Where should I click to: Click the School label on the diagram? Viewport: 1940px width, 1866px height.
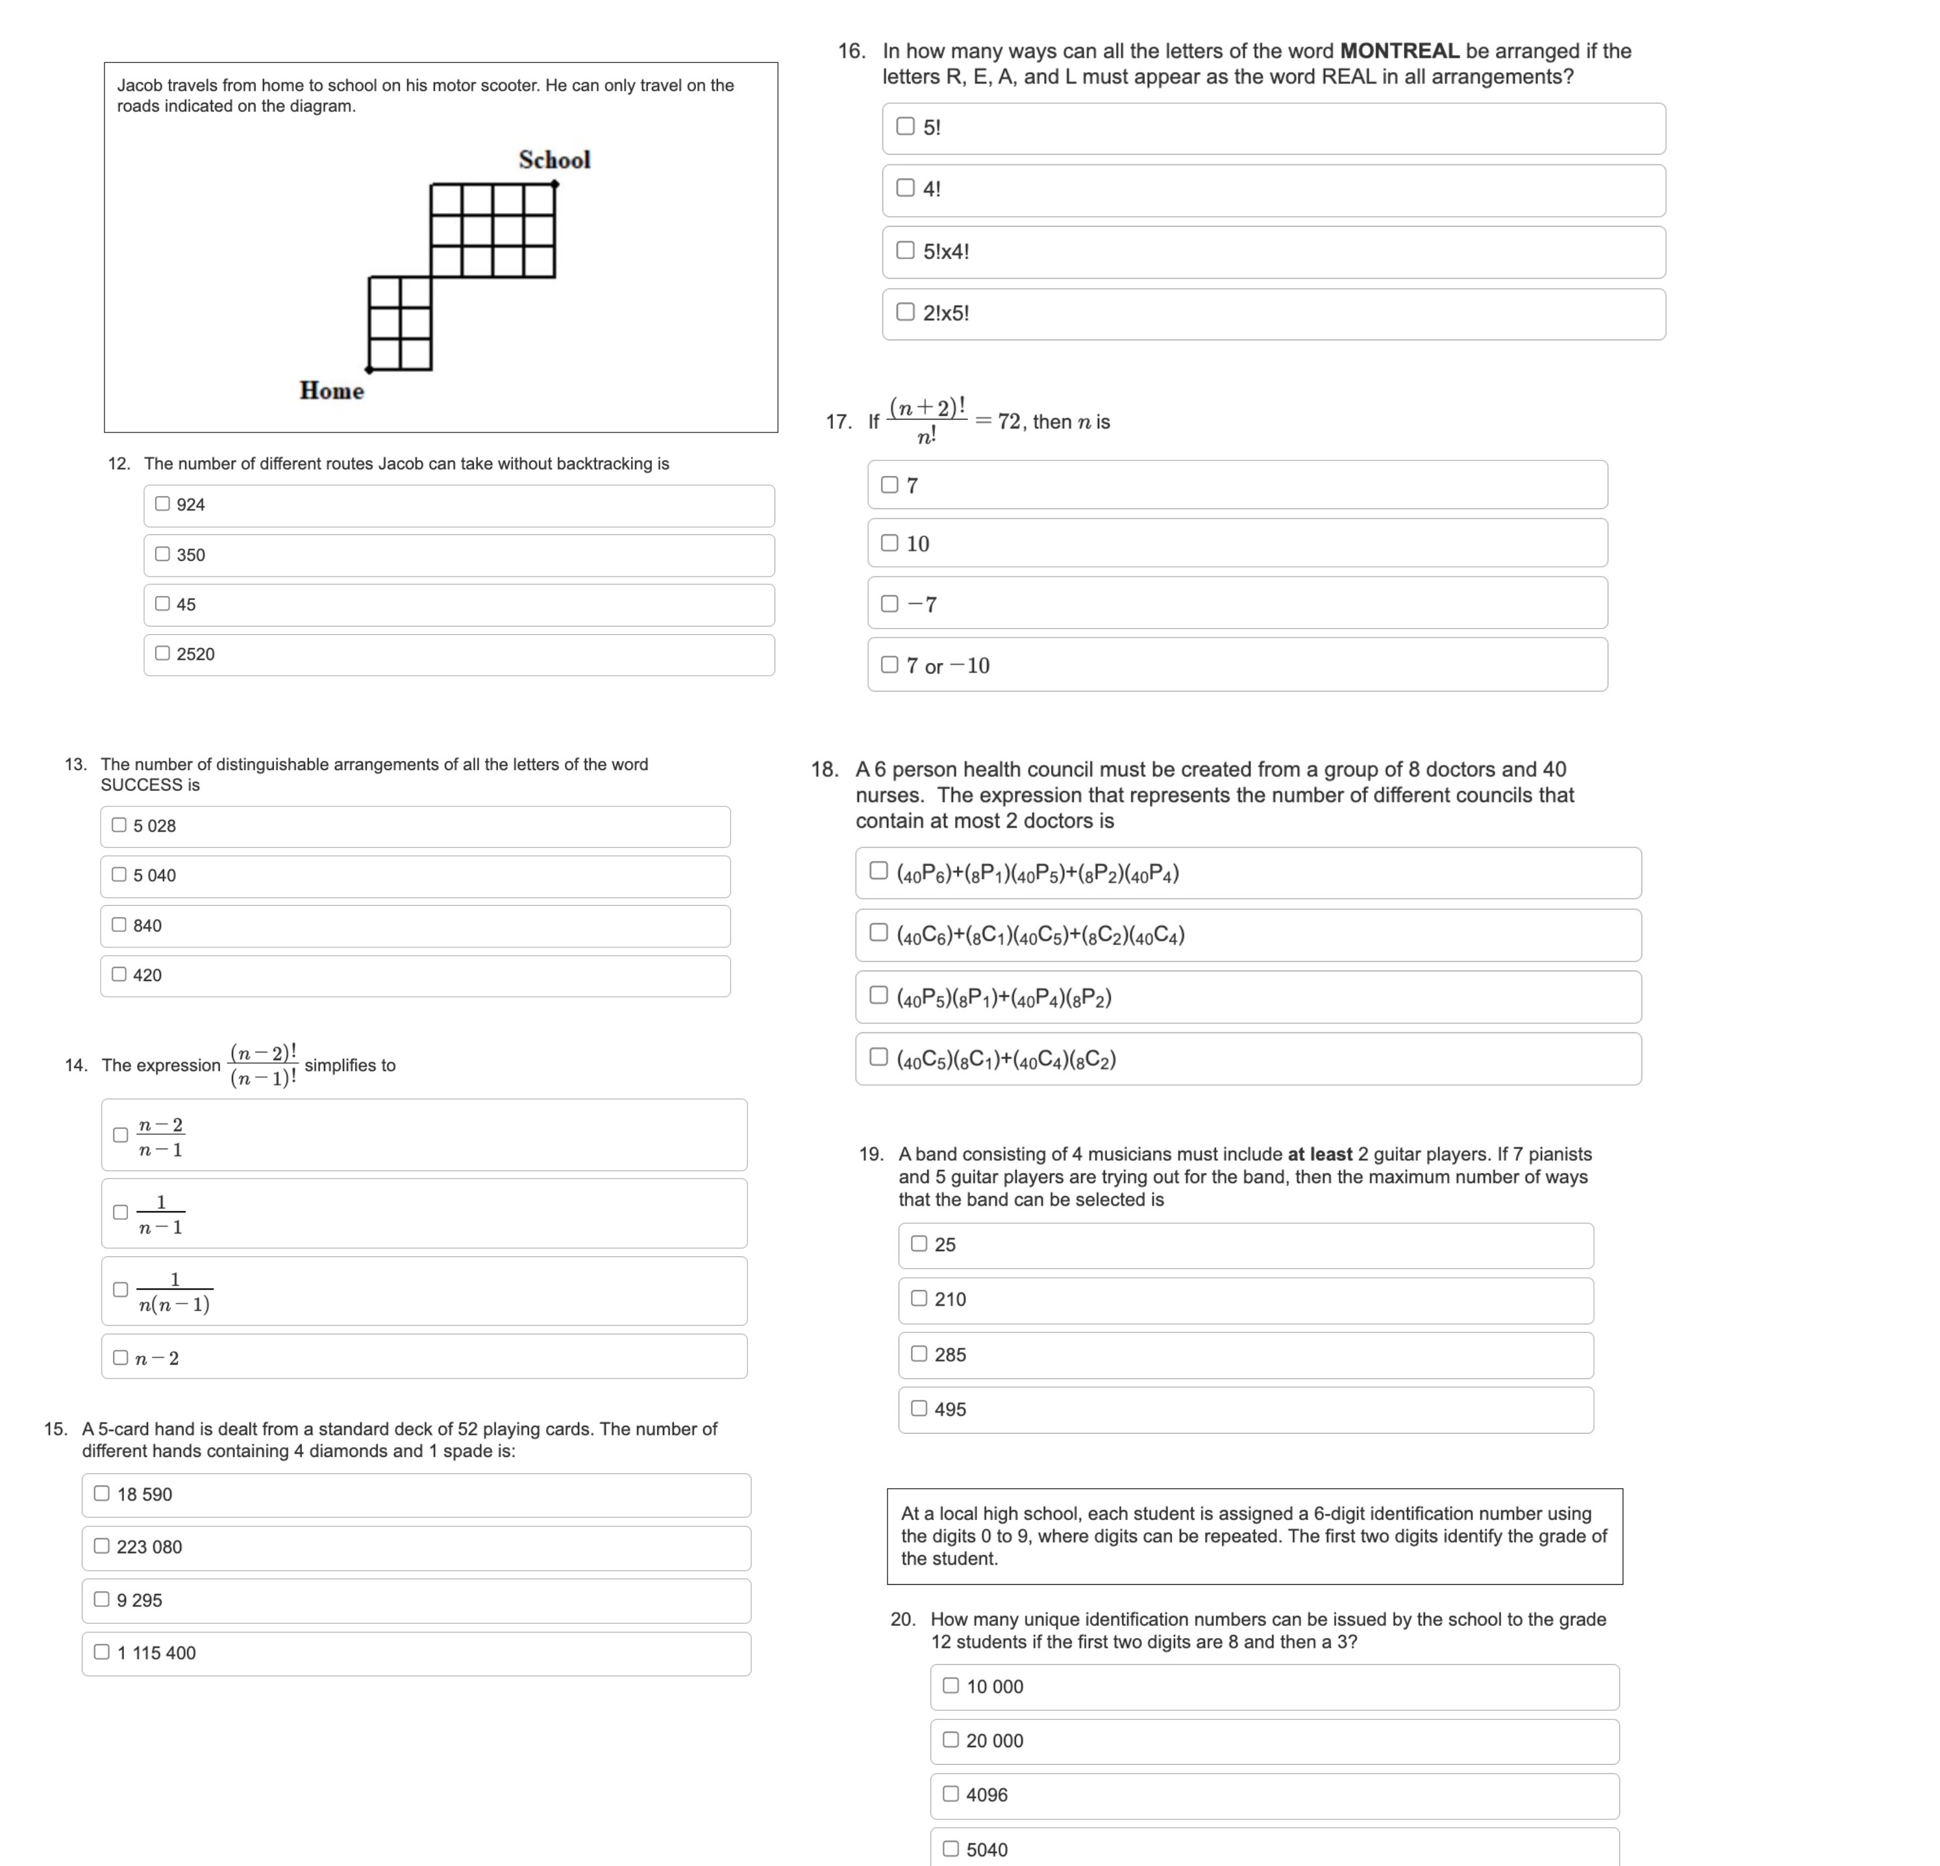554,160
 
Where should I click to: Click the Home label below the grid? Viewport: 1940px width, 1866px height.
332,391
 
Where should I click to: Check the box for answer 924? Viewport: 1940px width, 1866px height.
162,504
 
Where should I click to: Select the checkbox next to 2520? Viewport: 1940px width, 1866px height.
162,653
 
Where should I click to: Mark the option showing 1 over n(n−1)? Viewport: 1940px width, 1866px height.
119,1290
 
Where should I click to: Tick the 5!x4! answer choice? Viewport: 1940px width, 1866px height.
904,251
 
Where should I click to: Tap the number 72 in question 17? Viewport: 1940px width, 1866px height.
1008,422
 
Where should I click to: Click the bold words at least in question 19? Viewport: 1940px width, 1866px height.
1319,1154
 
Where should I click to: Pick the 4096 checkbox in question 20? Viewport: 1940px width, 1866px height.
951,1795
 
